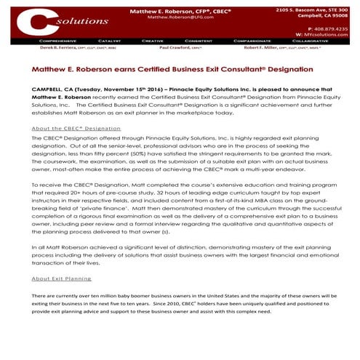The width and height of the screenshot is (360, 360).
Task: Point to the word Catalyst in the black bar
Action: [x=108, y=41]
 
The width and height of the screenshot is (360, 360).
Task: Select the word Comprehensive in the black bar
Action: [x=57, y=41]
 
